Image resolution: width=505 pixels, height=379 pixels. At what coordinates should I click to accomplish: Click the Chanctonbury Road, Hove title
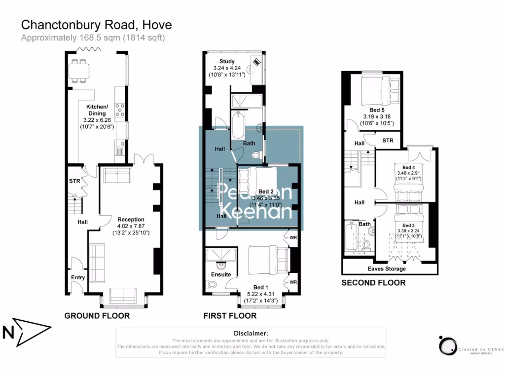(x=96, y=25)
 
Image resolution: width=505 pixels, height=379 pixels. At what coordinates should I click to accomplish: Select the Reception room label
(x=131, y=219)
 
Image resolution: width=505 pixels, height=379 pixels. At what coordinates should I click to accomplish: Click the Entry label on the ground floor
(x=78, y=277)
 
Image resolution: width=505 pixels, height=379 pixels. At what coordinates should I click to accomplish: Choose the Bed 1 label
(x=261, y=287)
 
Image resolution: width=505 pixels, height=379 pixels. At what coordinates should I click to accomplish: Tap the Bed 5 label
(x=377, y=110)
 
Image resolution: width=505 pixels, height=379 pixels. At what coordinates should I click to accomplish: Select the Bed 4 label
(x=409, y=167)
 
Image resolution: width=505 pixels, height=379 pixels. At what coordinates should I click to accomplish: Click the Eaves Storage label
(x=387, y=268)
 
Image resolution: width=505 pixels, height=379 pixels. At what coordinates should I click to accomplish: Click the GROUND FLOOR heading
(x=97, y=316)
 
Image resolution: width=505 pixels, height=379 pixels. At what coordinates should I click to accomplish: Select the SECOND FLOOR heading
(x=373, y=283)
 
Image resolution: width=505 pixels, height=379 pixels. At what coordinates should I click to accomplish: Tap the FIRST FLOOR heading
(x=230, y=316)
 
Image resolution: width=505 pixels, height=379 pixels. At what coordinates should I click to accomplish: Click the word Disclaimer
(x=251, y=334)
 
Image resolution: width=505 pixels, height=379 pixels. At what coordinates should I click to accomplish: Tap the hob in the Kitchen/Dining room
(x=120, y=108)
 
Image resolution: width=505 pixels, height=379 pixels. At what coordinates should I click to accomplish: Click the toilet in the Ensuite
(x=213, y=284)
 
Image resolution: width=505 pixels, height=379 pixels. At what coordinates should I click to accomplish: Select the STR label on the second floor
(x=388, y=141)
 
